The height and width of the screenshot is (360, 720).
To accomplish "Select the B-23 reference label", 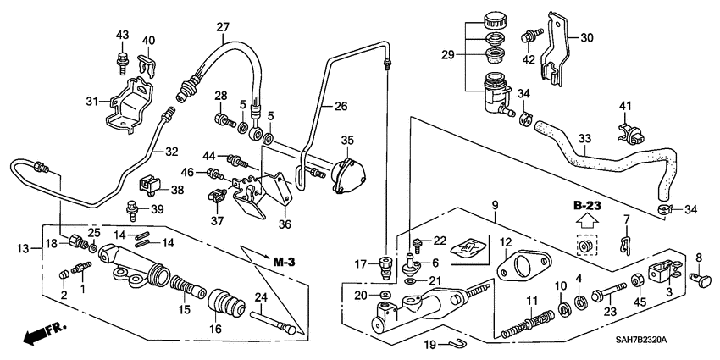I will (584, 207).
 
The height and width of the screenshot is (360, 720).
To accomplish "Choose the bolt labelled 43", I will (122, 59).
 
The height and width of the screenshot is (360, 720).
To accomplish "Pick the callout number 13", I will (23, 246).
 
